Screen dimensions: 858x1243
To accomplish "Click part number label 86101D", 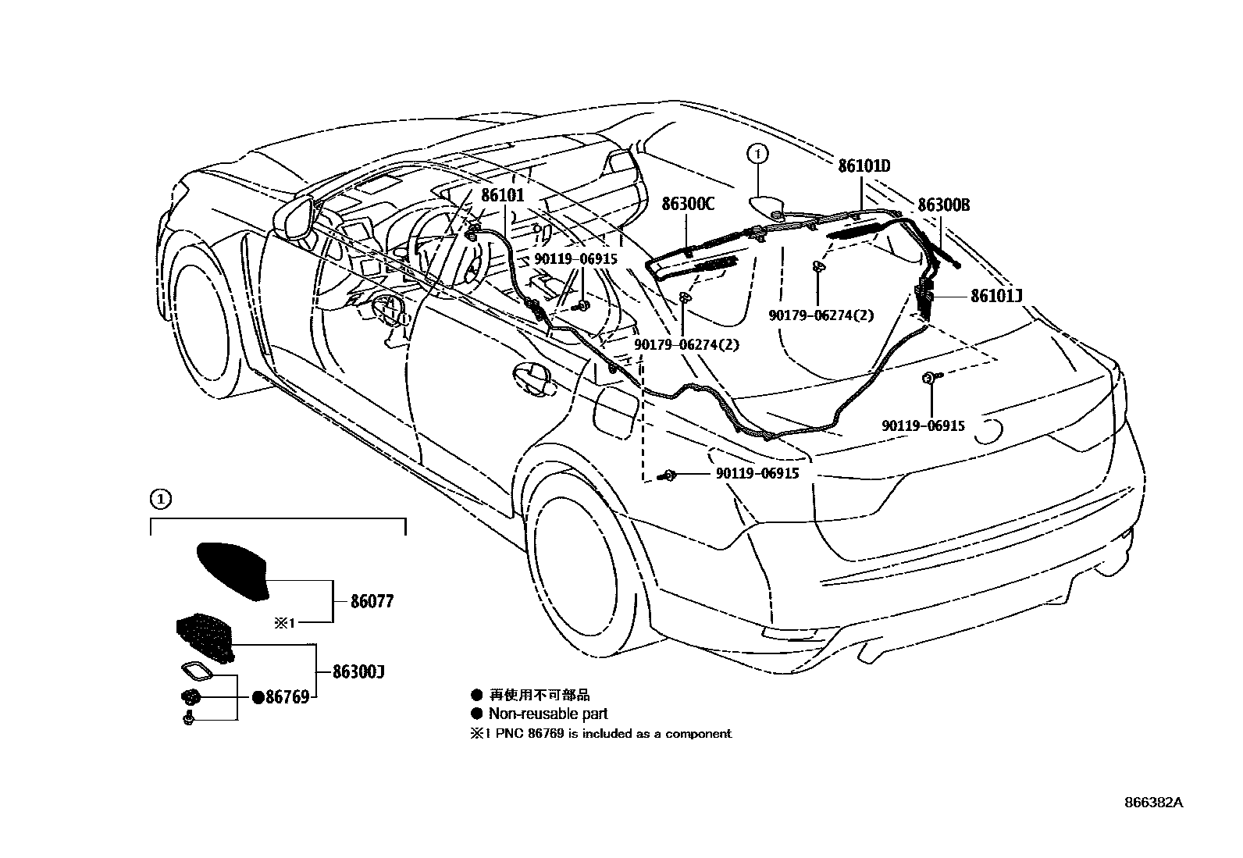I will click(x=864, y=166).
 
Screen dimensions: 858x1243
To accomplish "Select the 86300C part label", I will click(x=688, y=205).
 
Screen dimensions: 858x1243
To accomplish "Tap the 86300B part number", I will click(x=943, y=205).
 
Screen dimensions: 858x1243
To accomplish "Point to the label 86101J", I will click(x=996, y=296).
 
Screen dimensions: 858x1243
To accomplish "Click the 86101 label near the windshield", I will click(x=502, y=196).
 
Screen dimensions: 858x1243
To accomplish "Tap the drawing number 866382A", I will click(x=1154, y=803).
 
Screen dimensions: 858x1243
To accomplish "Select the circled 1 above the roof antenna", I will click(x=757, y=154).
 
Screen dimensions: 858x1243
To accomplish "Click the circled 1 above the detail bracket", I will click(x=158, y=497).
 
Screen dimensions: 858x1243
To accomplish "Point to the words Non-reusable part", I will click(x=547, y=714).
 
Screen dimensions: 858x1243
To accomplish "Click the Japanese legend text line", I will click(x=539, y=694).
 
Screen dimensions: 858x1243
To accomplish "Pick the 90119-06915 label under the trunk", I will click(x=923, y=426).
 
